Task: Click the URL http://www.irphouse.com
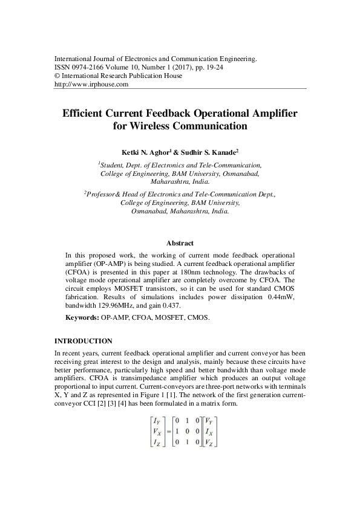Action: [91, 85]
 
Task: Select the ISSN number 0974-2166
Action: [87, 67]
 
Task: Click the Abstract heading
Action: [180, 243]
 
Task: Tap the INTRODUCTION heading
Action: [83, 341]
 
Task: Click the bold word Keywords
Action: [82, 317]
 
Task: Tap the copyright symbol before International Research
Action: [57, 76]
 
